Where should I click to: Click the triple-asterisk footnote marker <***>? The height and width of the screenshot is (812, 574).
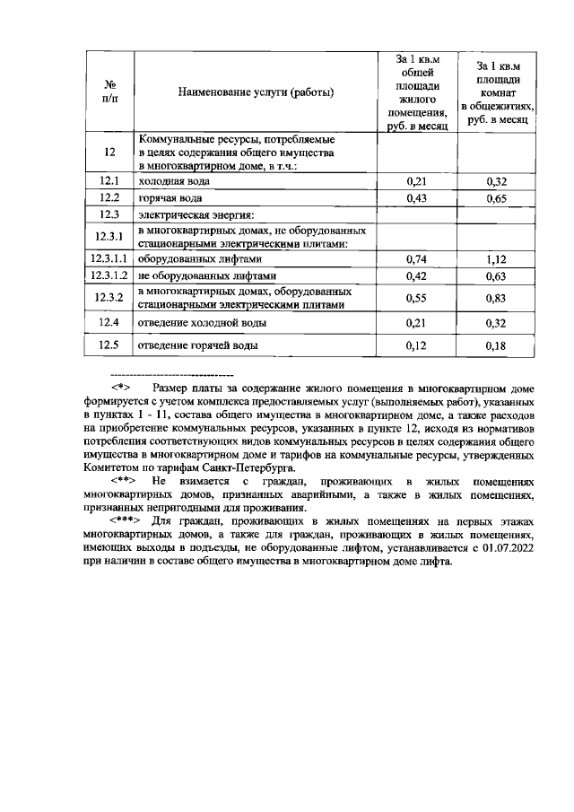[x=125, y=520]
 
